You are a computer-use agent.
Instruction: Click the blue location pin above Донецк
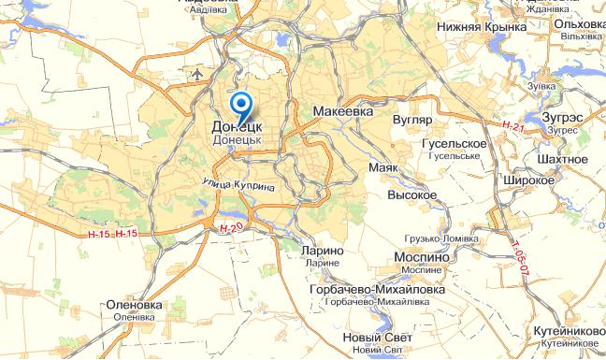pyautogui.click(x=241, y=103)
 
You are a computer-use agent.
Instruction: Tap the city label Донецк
pyautogui.click(x=237, y=124)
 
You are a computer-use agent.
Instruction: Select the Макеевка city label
pyautogui.click(x=342, y=110)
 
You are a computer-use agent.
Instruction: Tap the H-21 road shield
pyautogui.click(x=512, y=125)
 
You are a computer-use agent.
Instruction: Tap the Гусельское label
pyautogui.click(x=454, y=143)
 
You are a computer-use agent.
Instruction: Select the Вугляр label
pyautogui.click(x=412, y=121)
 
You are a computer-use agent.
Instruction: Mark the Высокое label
pyautogui.click(x=412, y=194)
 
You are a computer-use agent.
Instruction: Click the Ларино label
pyautogui.click(x=324, y=251)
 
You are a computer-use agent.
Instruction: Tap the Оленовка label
pyautogui.click(x=134, y=305)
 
